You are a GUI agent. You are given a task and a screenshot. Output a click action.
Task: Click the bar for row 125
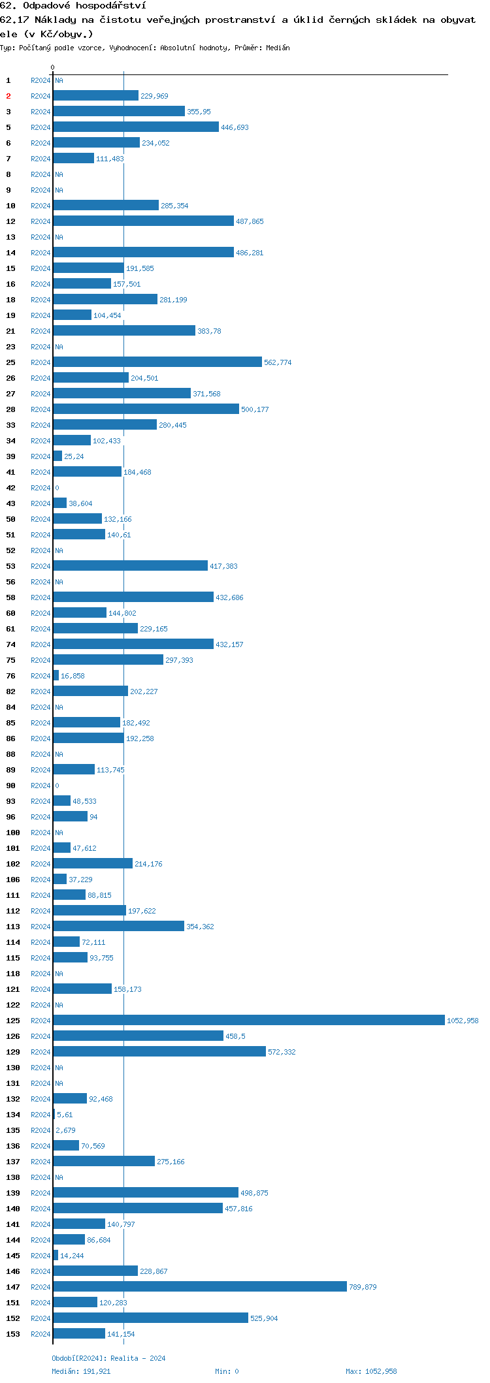248,1020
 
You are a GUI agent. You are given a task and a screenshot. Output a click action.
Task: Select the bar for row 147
199,1286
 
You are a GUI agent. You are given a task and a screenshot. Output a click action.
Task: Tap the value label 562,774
278,362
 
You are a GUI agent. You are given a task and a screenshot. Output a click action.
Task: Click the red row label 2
8,96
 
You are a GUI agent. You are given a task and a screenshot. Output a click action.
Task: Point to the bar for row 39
57,456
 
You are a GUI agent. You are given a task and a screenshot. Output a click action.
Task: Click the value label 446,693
235,127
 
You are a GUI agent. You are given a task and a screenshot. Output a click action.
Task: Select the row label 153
13,1333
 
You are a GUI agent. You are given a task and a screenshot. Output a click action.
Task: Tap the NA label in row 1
59,80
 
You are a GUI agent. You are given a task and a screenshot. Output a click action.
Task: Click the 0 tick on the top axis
53,67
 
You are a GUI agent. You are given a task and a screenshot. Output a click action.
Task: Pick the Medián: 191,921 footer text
81,1371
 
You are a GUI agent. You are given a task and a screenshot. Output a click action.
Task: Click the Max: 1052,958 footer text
371,1371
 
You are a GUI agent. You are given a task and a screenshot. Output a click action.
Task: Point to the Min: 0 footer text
227,1371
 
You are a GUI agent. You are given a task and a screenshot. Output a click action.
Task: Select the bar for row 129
159,1051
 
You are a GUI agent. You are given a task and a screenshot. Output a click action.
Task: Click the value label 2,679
65,1130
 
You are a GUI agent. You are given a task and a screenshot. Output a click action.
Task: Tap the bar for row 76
56,675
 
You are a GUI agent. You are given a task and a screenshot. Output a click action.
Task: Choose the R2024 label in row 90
41,786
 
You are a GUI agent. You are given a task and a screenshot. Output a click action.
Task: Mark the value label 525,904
264,1318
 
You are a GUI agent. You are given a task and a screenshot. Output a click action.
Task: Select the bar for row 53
130,565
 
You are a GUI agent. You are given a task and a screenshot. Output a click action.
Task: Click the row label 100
13,833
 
